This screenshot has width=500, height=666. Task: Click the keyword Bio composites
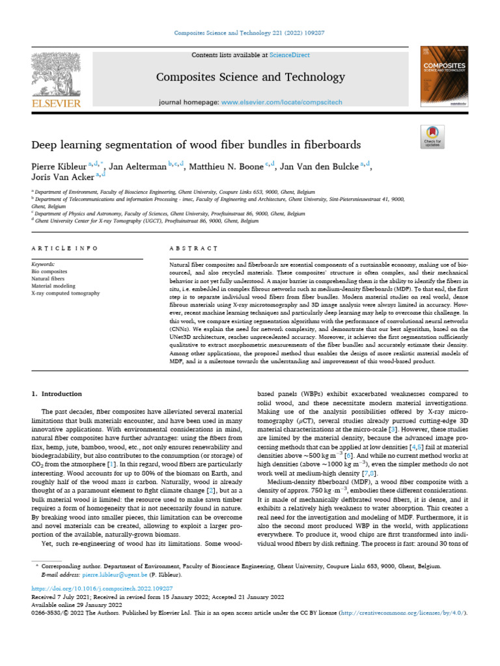(49, 271)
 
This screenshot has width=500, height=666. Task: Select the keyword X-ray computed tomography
(66, 293)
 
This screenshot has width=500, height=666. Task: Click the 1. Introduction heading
(57, 393)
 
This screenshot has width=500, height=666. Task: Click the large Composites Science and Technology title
(250, 77)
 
